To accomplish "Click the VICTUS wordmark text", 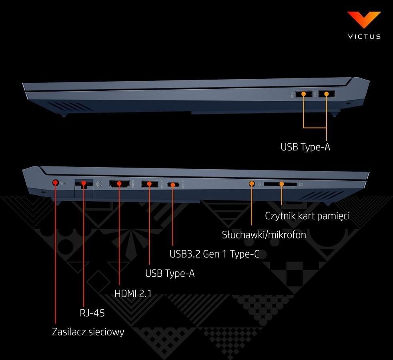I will click(364, 36).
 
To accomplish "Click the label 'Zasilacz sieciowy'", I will click(88, 332).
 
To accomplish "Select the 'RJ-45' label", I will click(92, 313).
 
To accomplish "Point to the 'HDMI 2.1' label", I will click(133, 293).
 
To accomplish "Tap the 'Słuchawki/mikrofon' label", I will click(264, 235).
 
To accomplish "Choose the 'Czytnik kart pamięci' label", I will click(307, 216).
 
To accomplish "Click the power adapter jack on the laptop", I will click(56, 183).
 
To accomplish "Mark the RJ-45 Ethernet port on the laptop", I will click(84, 184).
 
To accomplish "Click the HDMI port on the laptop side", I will click(119, 184).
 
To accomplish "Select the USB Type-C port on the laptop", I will click(173, 184).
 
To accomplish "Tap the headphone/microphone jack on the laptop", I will click(252, 184).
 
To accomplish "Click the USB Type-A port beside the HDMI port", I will click(149, 184).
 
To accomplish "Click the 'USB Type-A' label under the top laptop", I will click(305, 147).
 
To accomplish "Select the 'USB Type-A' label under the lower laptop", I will click(170, 274).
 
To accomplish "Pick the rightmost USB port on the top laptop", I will click(327, 94).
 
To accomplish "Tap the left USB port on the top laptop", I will click(304, 94).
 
